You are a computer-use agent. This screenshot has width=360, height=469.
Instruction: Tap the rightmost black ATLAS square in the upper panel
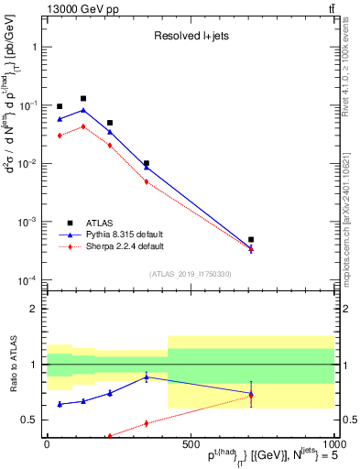tap(251, 240)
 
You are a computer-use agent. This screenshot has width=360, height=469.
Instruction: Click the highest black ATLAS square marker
tap(83, 98)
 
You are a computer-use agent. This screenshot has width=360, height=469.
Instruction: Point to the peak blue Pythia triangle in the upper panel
tap(83, 110)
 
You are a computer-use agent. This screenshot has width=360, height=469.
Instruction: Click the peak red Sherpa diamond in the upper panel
tap(83, 126)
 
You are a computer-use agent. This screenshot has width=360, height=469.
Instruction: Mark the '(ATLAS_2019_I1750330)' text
tap(190, 274)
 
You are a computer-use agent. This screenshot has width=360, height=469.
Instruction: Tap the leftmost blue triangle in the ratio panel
tap(60, 404)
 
